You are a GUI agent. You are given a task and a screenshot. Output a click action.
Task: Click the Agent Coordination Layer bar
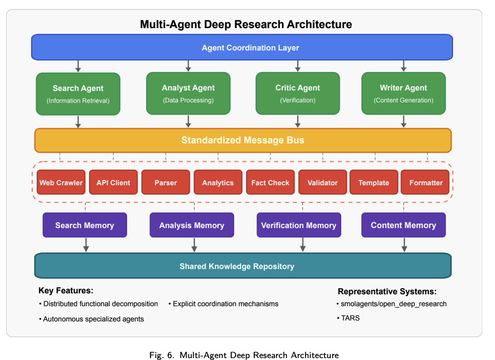pos(242,48)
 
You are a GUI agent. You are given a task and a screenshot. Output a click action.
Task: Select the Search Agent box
pos(78,94)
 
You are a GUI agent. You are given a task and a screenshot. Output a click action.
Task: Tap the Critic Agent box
pos(297,93)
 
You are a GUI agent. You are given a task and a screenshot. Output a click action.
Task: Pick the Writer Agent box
pos(403,93)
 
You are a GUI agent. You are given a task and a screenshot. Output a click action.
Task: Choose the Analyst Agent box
pos(188,93)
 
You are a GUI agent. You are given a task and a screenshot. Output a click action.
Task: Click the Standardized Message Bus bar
pos(243,140)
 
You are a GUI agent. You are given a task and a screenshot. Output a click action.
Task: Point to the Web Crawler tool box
pos(61,183)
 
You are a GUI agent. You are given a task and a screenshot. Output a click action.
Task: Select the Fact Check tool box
pos(270,183)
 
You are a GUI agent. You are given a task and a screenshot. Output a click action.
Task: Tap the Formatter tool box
pos(426,183)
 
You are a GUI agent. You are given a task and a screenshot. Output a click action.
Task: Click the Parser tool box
pos(166,183)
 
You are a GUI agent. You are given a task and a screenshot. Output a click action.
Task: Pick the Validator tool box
pos(323,183)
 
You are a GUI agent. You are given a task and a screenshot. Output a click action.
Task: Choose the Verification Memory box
pos(298,225)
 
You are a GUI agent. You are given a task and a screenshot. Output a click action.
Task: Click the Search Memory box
pos(85,225)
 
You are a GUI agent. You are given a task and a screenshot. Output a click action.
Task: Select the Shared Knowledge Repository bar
pos(243,266)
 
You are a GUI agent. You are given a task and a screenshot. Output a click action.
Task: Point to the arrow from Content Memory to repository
pos(404,245)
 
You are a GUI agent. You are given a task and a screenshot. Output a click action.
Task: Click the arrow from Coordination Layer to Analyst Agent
pos(188,66)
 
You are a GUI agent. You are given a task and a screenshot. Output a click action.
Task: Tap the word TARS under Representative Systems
pos(350,318)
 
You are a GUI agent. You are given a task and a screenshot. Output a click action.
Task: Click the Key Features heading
pos(66,290)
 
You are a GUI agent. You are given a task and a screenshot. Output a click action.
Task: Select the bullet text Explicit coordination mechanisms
pos(225,304)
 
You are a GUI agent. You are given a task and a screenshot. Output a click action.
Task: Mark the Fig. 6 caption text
pos(244,355)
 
